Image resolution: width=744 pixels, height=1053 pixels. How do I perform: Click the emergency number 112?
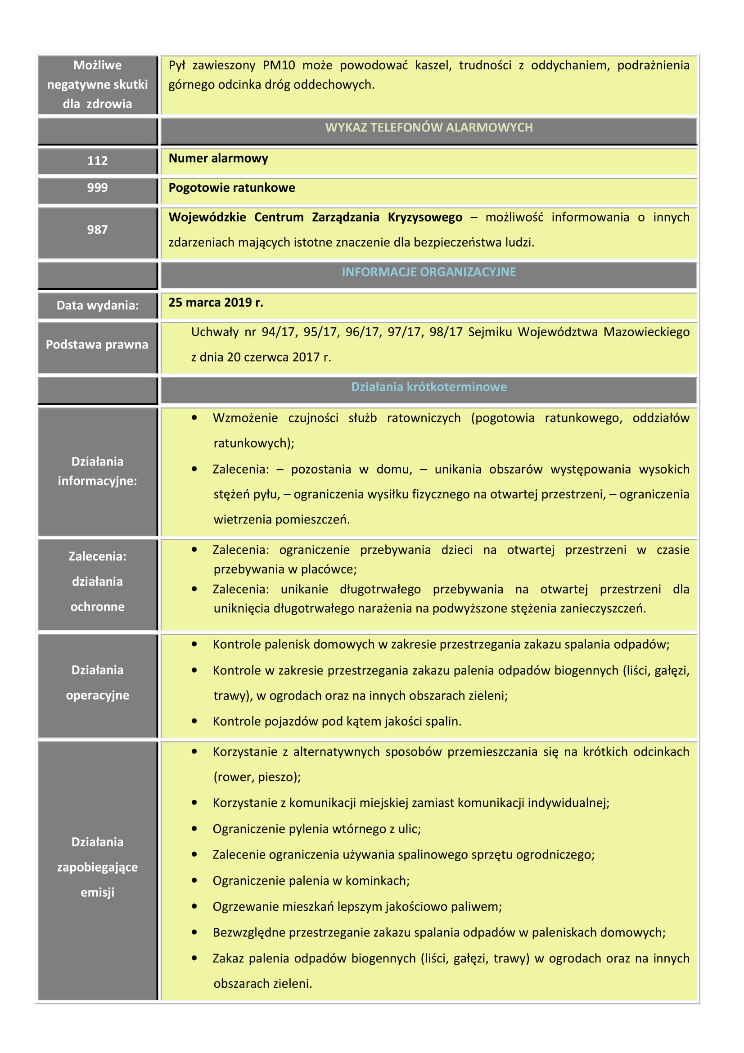click(x=97, y=161)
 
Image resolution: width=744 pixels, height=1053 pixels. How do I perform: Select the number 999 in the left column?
click(x=97, y=188)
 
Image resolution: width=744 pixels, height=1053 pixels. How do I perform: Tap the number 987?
click(x=97, y=229)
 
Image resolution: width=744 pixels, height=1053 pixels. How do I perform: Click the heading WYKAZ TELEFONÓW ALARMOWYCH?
click(x=428, y=127)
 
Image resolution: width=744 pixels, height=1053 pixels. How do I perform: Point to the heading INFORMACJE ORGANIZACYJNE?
click(x=428, y=272)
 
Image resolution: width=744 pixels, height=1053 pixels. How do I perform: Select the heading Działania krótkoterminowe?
click(x=428, y=387)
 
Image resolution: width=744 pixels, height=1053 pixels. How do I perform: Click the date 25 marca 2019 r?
click(x=216, y=302)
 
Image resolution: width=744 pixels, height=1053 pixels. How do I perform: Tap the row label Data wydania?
click(x=97, y=305)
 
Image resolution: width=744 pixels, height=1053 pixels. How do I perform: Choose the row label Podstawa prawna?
click(x=97, y=344)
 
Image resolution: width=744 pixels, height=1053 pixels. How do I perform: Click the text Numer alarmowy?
click(x=218, y=158)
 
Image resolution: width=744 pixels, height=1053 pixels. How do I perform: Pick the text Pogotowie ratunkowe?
click(x=231, y=188)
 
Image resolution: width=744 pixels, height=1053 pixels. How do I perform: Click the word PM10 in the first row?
click(x=279, y=65)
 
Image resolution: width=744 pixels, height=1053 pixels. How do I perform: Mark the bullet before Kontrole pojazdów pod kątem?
click(x=194, y=721)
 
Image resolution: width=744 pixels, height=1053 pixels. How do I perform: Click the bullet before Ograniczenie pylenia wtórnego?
click(x=194, y=828)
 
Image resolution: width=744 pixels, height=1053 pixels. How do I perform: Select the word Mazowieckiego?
click(x=646, y=332)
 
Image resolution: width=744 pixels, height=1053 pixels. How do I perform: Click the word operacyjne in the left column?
click(x=97, y=695)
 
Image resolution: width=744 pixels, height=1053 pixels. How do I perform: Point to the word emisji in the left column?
click(x=97, y=892)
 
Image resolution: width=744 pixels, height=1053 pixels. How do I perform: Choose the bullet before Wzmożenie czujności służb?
click(x=194, y=418)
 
